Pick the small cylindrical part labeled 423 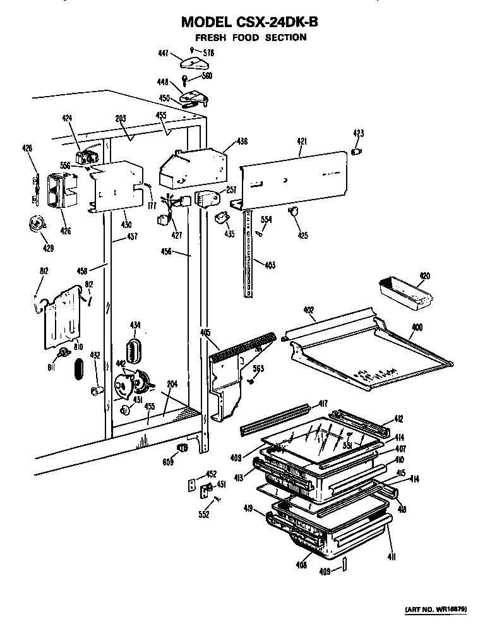tap(357, 152)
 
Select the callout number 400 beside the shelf tap(417, 328)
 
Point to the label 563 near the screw tap(258, 369)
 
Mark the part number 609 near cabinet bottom tap(167, 462)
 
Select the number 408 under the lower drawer tap(301, 565)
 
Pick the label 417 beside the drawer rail tap(322, 403)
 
